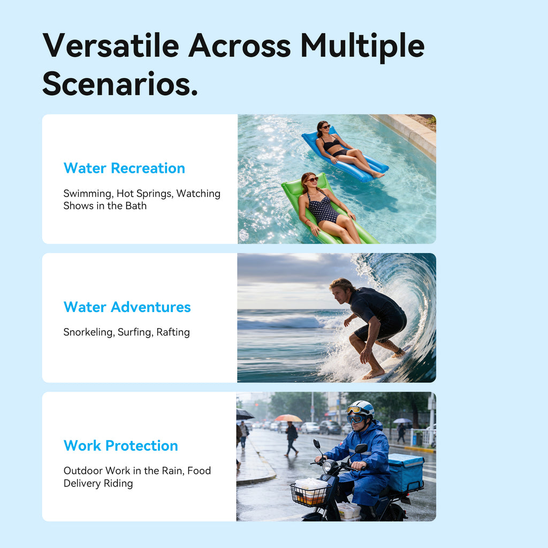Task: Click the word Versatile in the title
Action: pos(111,46)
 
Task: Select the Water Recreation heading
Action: pos(124,168)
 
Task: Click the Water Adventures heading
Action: pos(127,307)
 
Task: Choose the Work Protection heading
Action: pos(120,446)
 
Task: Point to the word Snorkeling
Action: pos(89,332)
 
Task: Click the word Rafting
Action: pos(173,332)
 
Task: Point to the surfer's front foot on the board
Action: pos(373,374)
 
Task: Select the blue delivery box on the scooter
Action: pos(406,472)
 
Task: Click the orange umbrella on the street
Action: pos(288,418)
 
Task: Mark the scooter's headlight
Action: pos(327,467)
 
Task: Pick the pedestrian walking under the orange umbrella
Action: pos(291,439)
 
